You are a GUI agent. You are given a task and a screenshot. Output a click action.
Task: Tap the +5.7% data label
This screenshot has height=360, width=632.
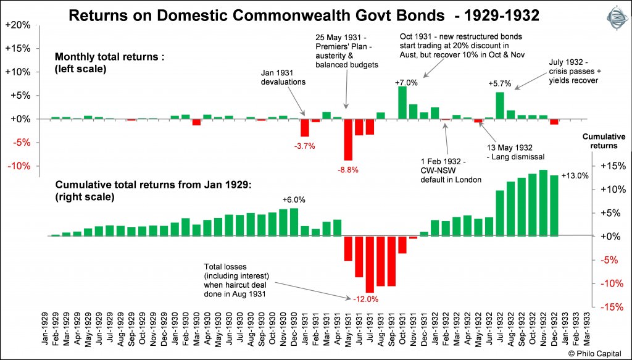coord(499,83)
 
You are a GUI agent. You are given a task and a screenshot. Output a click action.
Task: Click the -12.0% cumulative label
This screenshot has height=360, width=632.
coord(365,299)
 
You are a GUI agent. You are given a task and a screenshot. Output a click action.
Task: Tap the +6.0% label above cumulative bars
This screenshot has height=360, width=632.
coord(293,199)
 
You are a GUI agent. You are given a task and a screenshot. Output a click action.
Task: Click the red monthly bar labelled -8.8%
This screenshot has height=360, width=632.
coord(348,140)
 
